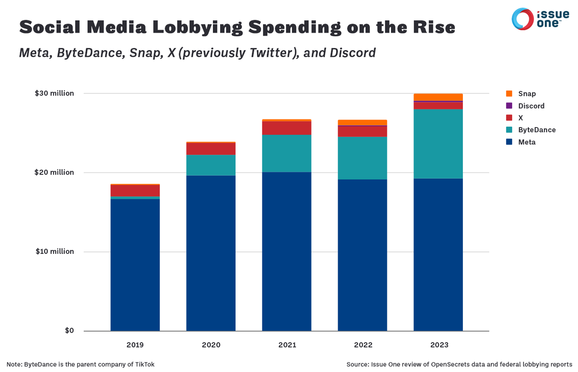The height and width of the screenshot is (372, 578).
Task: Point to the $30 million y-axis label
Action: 54,93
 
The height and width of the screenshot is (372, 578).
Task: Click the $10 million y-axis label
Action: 54,252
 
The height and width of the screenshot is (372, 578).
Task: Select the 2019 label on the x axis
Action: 135,345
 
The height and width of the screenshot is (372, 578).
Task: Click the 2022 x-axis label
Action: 362,345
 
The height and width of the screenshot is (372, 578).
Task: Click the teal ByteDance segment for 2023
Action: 438,144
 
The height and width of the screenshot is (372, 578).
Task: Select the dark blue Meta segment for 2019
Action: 135,265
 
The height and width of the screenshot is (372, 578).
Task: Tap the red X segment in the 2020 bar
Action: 211,149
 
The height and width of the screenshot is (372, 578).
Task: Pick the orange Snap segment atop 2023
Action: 438,97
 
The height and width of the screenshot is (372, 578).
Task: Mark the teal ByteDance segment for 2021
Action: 287,153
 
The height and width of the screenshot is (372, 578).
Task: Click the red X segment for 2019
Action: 135,191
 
